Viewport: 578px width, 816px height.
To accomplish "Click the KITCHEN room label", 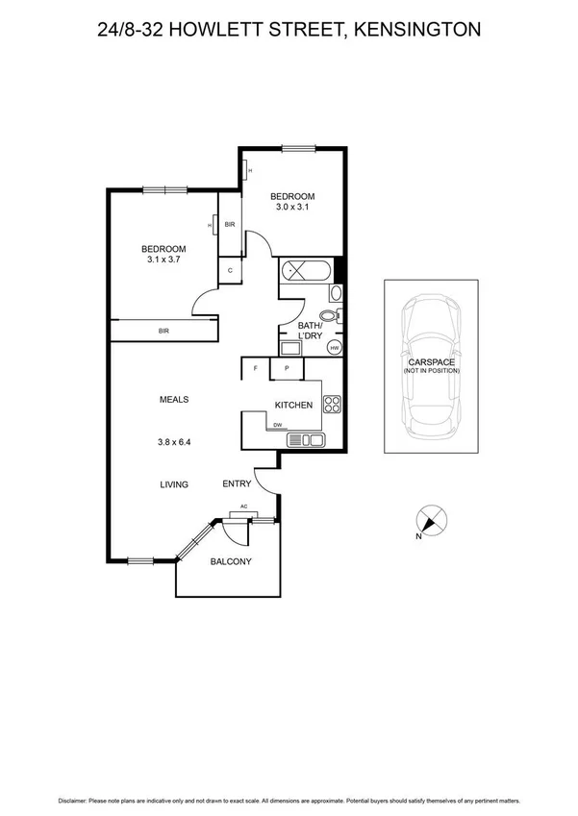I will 293,406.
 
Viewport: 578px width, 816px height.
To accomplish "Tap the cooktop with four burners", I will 332,406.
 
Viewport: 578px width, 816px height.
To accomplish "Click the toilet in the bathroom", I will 329,314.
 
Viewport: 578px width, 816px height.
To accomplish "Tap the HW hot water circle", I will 335,348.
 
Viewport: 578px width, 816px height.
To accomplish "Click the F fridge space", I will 255,369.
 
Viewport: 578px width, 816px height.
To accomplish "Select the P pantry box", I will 287,369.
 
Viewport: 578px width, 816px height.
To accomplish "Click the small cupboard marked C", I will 231,271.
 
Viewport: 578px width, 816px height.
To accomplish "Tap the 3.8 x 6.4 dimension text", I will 174,443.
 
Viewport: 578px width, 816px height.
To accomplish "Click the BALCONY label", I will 231,562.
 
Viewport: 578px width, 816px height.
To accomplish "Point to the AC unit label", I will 244,507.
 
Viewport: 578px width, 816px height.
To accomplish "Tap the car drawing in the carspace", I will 431,365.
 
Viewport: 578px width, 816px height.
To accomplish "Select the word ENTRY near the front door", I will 237,483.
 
